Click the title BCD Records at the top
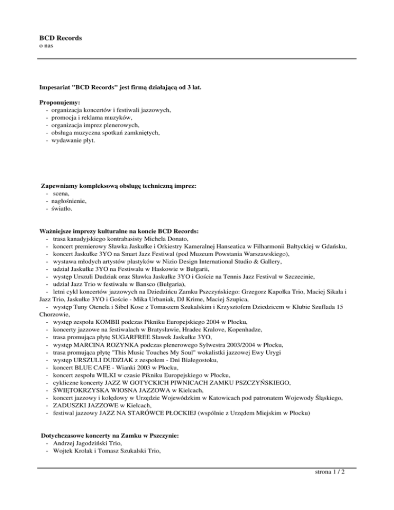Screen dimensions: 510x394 [x=61, y=38]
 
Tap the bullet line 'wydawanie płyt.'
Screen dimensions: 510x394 [x=74, y=140]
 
